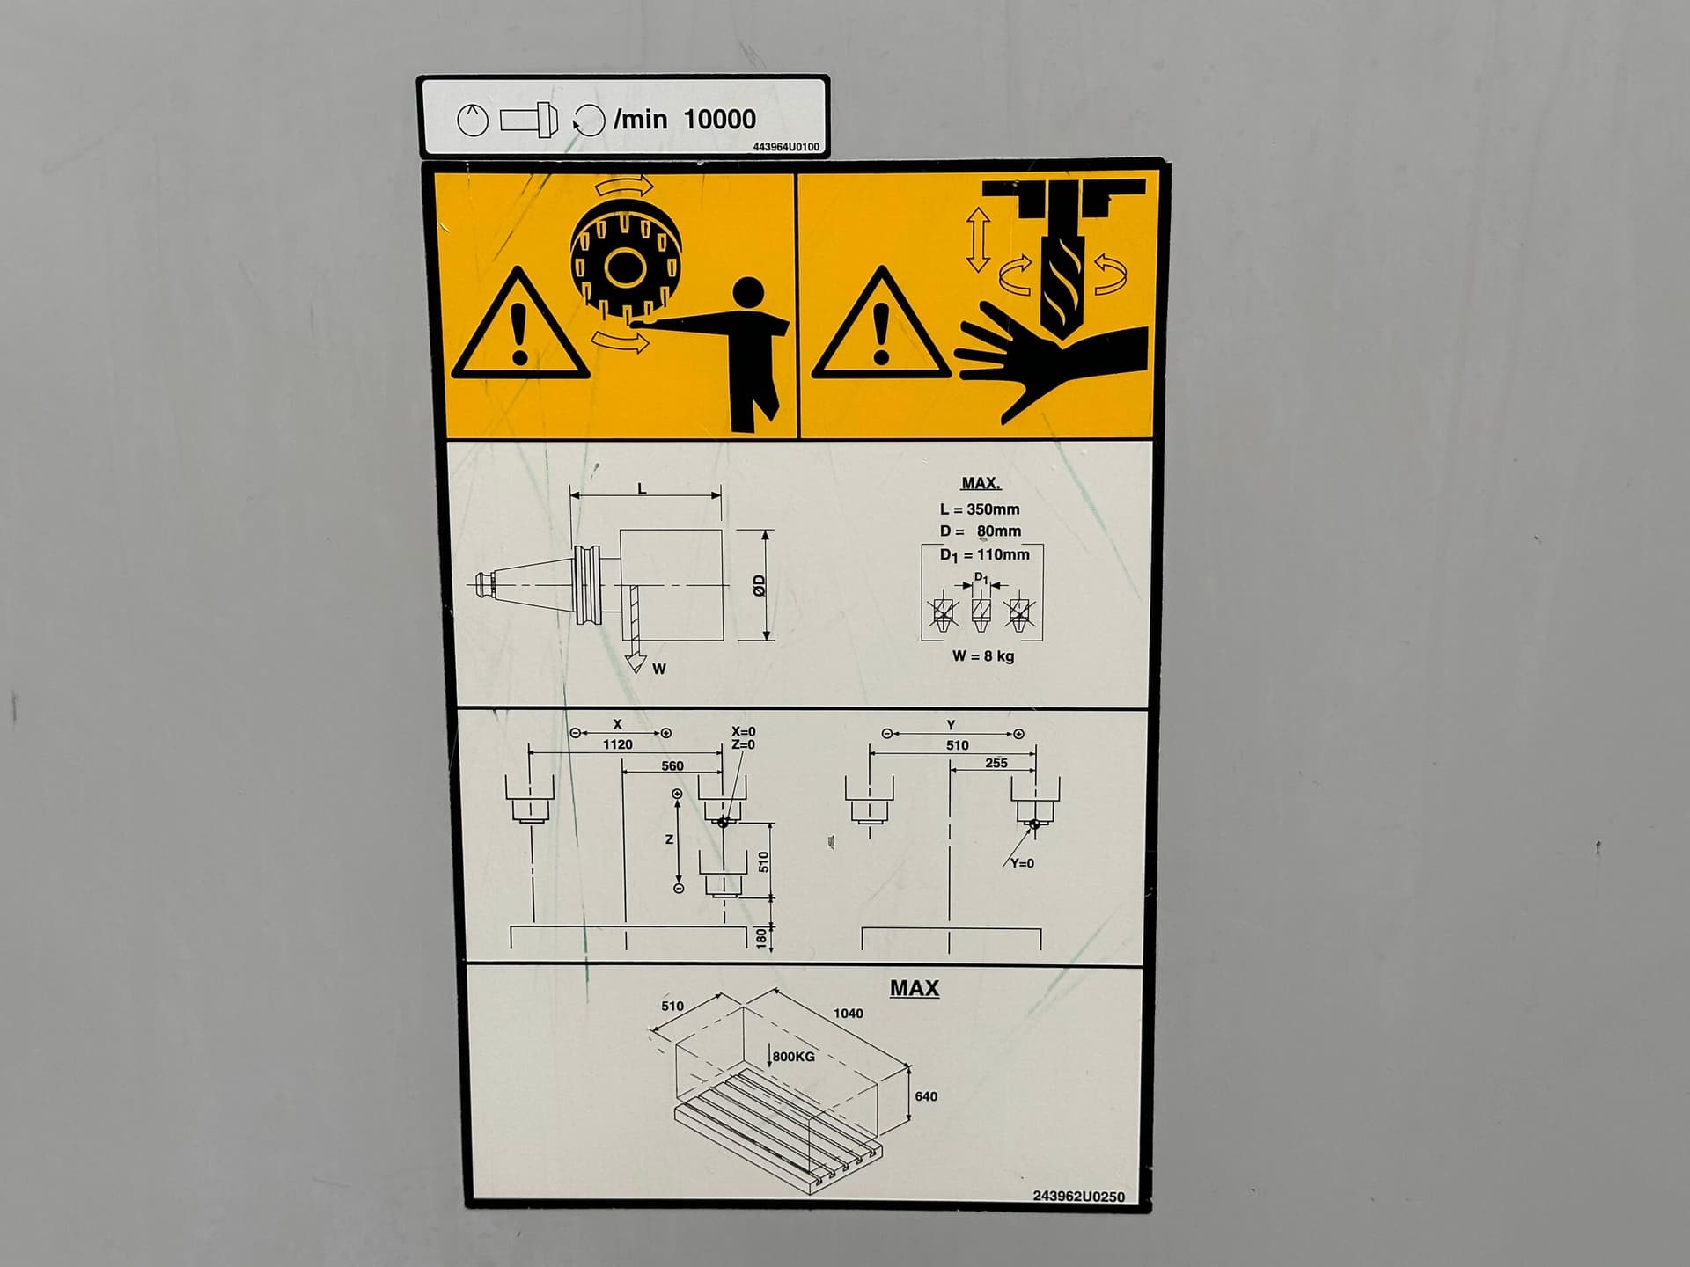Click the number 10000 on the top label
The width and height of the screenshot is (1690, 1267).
coord(719,119)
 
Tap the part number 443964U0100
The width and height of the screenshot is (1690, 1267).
coord(785,147)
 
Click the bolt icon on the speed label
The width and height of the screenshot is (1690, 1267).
coord(529,119)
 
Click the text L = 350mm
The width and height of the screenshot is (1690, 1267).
coord(979,509)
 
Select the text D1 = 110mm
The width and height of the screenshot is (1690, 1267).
coord(984,555)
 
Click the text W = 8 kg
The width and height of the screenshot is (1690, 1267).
coord(982,656)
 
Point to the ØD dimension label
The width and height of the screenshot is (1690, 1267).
coord(760,585)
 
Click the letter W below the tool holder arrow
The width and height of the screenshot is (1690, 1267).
coord(659,670)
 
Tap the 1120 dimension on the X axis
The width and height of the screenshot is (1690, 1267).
coord(617,744)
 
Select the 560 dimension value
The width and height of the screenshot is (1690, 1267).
coord(672,766)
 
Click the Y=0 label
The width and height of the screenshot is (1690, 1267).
coord(1022,864)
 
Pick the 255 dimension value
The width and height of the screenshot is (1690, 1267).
coord(996,764)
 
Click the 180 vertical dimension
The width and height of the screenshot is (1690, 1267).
coord(762,938)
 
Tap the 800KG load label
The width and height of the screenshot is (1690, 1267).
coord(793,1057)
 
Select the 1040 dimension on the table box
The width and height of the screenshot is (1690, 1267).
coord(848,1014)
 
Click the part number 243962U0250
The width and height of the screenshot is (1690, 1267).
coord(1077,1197)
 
